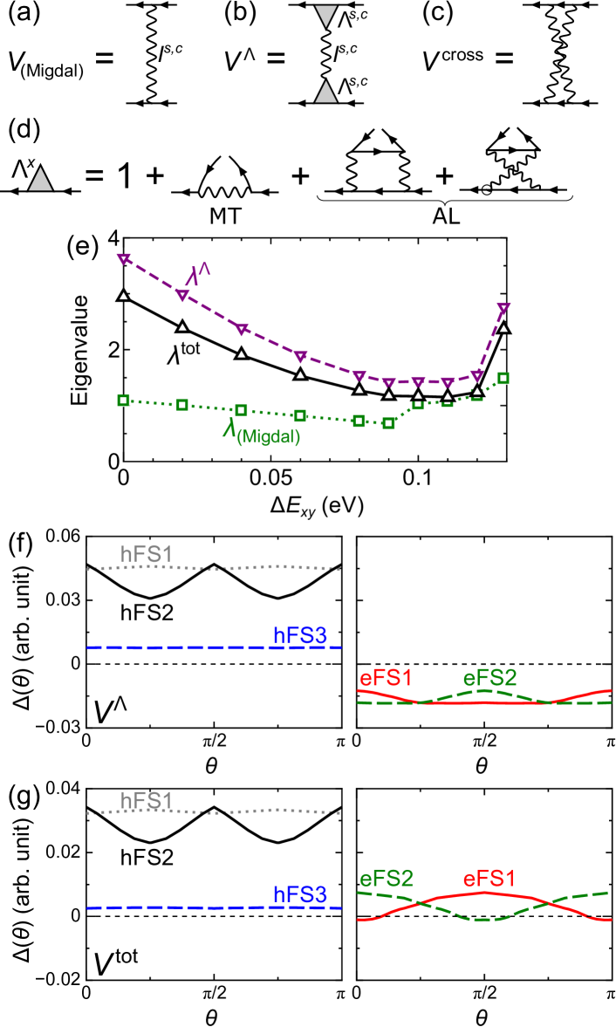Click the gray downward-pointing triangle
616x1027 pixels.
tap(325, 15)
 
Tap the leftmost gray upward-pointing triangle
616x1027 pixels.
tap(40, 180)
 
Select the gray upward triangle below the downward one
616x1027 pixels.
tap(325, 92)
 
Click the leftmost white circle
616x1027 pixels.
tap(225, 153)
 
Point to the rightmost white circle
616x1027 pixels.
tap(513, 124)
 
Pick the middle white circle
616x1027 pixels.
tap(378, 126)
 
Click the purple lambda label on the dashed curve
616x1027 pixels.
tap(196, 275)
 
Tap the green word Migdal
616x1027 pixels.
tap(269, 437)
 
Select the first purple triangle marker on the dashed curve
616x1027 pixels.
tap(124, 258)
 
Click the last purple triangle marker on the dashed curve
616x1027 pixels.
tap(503, 308)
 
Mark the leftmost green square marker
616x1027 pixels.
tap(124, 401)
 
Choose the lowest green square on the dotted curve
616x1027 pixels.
tap(388, 423)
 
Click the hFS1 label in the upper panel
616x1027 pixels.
tap(147, 554)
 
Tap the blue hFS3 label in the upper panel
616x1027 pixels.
tap(300, 635)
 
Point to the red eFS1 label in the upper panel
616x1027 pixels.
tap(386, 678)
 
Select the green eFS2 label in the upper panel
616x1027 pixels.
tap(489, 677)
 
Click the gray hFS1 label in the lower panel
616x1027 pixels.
tap(147, 800)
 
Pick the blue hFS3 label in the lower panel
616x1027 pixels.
tap(300, 894)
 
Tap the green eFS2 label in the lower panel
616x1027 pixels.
tap(387, 879)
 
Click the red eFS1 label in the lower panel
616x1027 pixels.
tap(489, 879)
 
